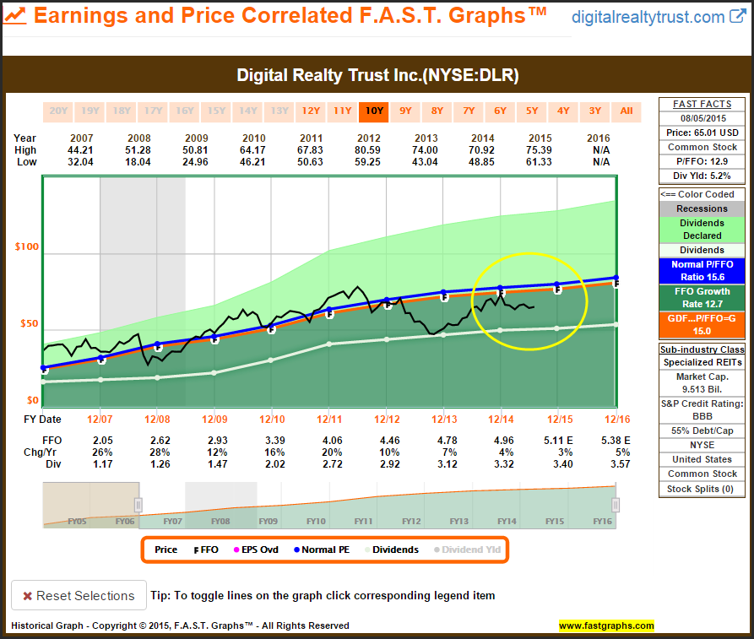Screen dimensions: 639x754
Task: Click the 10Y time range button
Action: point(373,111)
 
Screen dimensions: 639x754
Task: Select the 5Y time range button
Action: point(532,111)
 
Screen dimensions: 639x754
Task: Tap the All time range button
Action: point(627,111)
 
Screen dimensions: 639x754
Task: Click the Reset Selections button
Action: point(79,595)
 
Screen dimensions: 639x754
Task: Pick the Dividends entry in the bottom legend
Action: point(395,550)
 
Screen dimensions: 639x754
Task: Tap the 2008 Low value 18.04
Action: point(138,162)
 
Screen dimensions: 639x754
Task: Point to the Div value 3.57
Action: point(615,464)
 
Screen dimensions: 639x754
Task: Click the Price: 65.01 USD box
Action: point(702,133)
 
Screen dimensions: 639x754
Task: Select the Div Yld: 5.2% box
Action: point(702,176)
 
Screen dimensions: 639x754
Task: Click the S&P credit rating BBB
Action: point(702,417)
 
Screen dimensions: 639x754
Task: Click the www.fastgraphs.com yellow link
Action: point(606,625)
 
